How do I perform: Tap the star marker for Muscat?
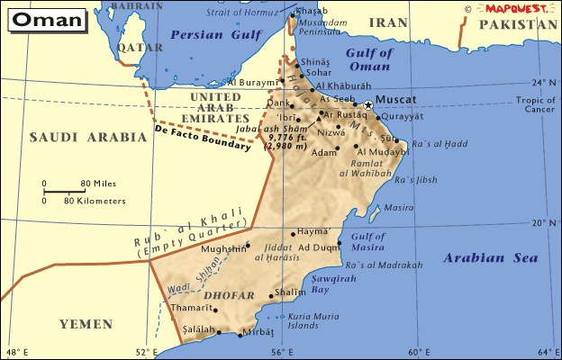pos(368,104)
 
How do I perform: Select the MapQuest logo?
pos(513,7)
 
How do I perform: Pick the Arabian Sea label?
pos(491,258)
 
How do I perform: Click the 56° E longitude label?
pos(277,352)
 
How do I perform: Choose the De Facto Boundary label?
pos(203,138)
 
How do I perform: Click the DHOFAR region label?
pos(223,294)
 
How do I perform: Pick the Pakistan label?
pos(518,25)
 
